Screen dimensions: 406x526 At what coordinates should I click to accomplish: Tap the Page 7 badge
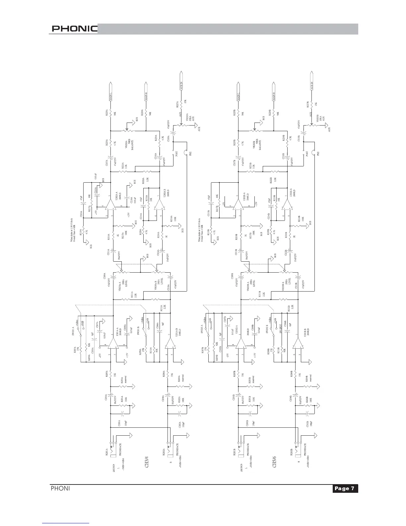(x=345, y=488)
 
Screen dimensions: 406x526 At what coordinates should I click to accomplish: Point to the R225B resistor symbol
(x=238, y=113)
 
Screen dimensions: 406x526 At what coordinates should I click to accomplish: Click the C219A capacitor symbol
(x=174, y=136)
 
